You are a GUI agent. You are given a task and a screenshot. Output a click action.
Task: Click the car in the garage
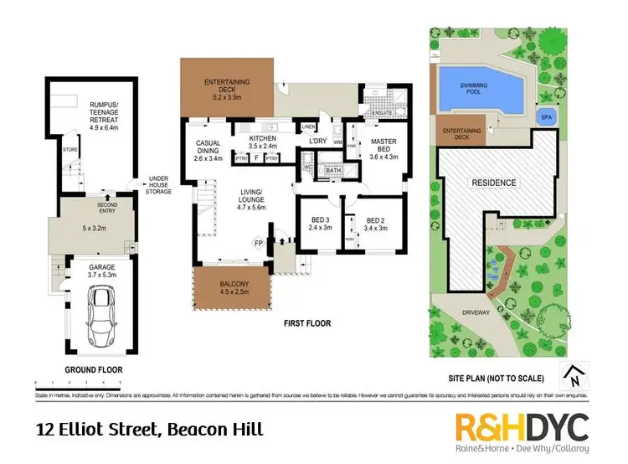pos(103,310)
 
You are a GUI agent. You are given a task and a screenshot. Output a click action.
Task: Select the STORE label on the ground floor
pos(69,151)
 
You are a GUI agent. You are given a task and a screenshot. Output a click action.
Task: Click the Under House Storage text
pos(159,185)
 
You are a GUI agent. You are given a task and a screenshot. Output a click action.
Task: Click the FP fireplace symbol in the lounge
pos(258,244)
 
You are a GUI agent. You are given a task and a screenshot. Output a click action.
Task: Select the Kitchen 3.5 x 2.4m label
pos(257,141)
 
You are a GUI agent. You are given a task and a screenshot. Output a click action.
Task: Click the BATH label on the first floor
pos(333,171)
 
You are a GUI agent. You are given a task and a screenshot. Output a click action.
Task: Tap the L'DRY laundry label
pos(317,141)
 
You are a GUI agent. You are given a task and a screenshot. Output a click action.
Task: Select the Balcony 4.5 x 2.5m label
pos(231,287)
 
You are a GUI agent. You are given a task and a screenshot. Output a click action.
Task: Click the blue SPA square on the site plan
pos(546,117)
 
